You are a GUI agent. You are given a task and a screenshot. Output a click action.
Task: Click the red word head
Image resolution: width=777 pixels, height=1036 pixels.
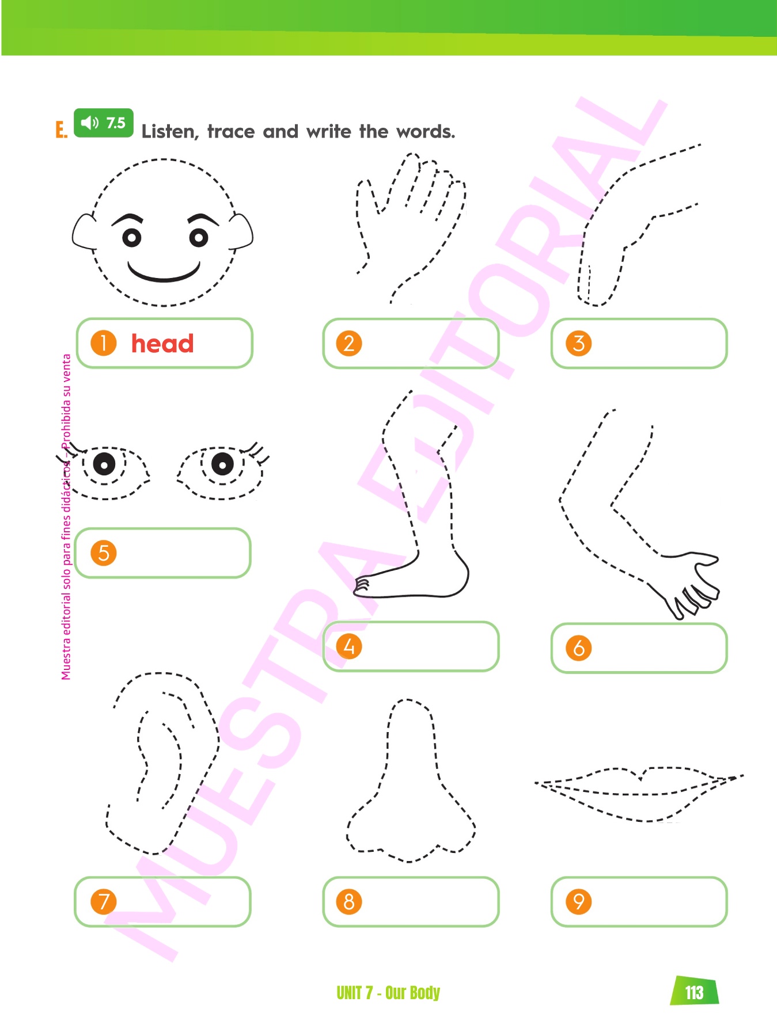click(x=162, y=344)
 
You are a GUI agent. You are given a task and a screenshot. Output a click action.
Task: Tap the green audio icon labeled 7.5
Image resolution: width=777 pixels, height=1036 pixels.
click(x=104, y=123)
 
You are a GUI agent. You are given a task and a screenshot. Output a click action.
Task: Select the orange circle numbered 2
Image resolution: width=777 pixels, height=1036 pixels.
click(x=349, y=344)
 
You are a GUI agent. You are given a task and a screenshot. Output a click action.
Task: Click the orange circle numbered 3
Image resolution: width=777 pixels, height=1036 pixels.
click(x=579, y=344)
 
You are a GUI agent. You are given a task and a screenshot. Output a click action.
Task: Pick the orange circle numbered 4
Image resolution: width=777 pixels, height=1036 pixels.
click(x=349, y=646)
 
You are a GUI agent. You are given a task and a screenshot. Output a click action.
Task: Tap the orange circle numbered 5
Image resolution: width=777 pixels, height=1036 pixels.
click(x=104, y=553)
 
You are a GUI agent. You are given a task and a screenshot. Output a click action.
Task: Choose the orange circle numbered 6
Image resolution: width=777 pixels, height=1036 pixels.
click(x=579, y=648)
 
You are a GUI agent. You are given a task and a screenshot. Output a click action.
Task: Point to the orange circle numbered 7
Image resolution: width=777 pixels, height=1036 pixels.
click(x=104, y=901)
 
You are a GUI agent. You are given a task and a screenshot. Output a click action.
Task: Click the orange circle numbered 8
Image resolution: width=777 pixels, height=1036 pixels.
click(x=349, y=901)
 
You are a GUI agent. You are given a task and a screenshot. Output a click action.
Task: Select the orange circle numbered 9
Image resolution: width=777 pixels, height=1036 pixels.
click(x=579, y=901)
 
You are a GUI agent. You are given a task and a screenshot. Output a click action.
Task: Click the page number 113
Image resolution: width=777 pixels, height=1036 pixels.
click(x=695, y=992)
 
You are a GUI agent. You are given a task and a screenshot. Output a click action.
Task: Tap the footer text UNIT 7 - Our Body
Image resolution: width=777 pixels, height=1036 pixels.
click(x=388, y=993)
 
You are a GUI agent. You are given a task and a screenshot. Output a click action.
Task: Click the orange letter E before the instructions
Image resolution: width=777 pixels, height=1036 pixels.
click(x=61, y=130)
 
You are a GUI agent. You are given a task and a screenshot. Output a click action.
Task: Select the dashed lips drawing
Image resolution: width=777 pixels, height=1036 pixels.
click(x=639, y=794)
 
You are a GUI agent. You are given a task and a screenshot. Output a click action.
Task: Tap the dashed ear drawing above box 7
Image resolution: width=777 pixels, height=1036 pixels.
click(x=163, y=763)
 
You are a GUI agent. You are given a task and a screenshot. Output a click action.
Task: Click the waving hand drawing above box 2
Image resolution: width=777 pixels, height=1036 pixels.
click(x=410, y=227)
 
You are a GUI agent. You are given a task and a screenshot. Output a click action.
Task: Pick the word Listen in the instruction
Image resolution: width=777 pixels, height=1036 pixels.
click(x=170, y=132)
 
